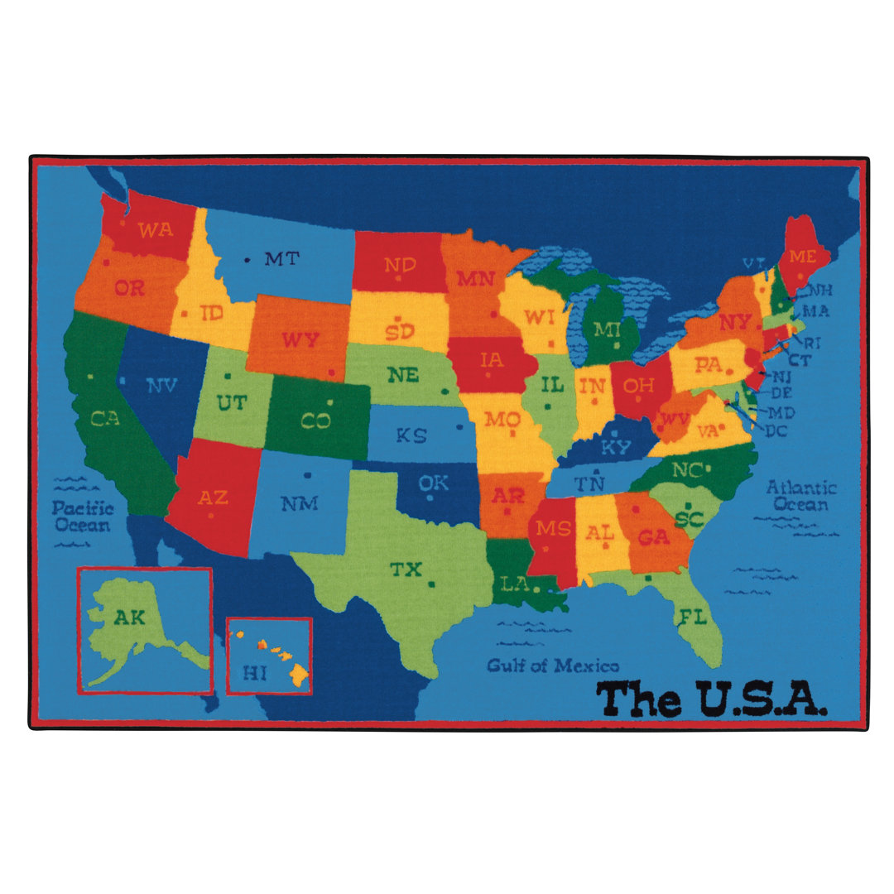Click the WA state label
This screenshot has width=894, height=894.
pyautogui.click(x=156, y=229)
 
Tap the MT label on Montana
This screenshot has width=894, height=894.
pyautogui.click(x=281, y=259)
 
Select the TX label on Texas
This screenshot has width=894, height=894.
pyautogui.click(x=406, y=570)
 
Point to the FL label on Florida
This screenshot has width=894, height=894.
pyautogui.click(x=692, y=617)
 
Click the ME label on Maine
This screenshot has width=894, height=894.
pyautogui.click(x=802, y=257)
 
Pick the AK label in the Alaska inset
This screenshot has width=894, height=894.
pyautogui.click(x=128, y=617)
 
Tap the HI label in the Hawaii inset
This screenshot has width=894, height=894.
pyautogui.click(x=256, y=673)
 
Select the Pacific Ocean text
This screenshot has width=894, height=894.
pyautogui.click(x=83, y=517)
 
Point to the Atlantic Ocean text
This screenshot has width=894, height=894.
pyautogui.click(x=800, y=496)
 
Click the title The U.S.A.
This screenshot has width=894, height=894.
pyautogui.click(x=711, y=699)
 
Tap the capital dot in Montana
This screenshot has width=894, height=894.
pyautogui.click(x=247, y=260)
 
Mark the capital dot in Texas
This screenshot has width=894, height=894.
pyautogui.click(x=432, y=584)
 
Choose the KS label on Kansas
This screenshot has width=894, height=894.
pyautogui.click(x=411, y=435)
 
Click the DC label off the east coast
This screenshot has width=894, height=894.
pyautogui.click(x=776, y=431)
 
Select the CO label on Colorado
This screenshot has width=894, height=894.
pyautogui.click(x=315, y=421)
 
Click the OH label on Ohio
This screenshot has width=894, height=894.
pyautogui.click(x=638, y=385)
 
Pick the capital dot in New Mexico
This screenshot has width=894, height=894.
pyautogui.click(x=307, y=475)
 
